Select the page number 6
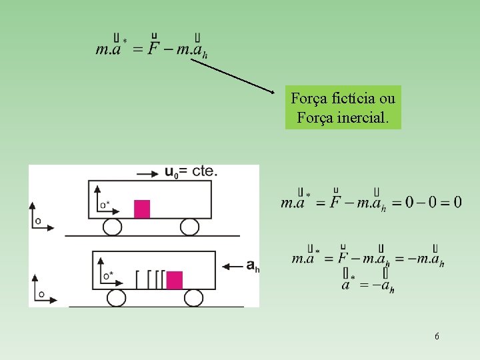pos(437,337)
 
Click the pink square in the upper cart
pos(141,209)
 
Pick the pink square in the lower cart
pos(175,280)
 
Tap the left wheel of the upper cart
pos(112,227)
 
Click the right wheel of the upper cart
pos(189,227)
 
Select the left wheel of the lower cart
pos(117,297)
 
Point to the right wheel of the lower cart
pos(193,297)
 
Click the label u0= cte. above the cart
pos(191,171)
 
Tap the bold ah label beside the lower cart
pos(252,266)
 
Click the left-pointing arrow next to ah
pos(232,267)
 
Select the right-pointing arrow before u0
pos(147,173)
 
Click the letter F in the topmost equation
pos(154,49)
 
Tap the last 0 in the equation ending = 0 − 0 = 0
pos(457,201)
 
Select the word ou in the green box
pos(387,99)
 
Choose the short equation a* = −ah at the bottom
pos(367,285)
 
